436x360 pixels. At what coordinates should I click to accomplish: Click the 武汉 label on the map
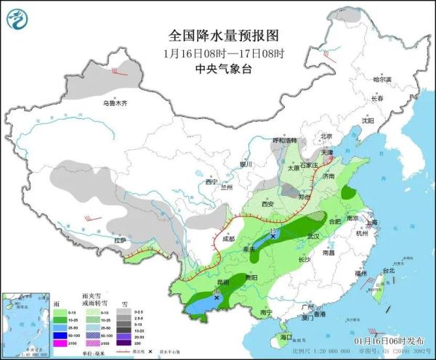(x=313, y=236)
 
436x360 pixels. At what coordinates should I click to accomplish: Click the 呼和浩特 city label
(x=285, y=139)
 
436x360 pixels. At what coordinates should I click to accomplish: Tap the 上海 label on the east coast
(x=373, y=223)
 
